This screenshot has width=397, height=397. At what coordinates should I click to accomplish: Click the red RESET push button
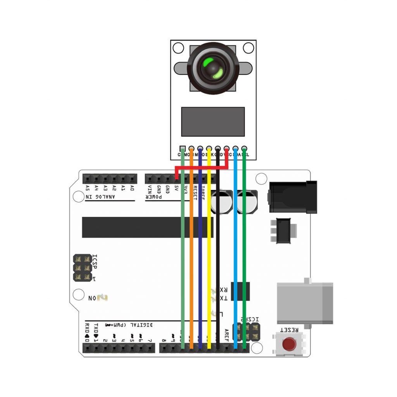point(288,343)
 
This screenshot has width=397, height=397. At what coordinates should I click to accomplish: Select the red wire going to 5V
point(202,167)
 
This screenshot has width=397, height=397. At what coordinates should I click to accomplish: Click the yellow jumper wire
point(209,252)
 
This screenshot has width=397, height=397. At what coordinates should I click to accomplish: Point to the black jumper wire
point(218,252)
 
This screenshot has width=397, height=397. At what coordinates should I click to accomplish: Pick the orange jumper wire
point(192,252)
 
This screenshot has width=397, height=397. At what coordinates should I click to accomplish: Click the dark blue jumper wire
point(200,252)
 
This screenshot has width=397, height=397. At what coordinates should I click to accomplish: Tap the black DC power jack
point(293,197)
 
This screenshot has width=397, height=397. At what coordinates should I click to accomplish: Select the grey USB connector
point(305,303)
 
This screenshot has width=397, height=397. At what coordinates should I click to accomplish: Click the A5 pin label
point(87,188)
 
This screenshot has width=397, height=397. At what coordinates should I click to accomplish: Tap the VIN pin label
point(150,189)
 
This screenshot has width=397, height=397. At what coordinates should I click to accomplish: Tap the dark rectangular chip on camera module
point(213,122)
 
